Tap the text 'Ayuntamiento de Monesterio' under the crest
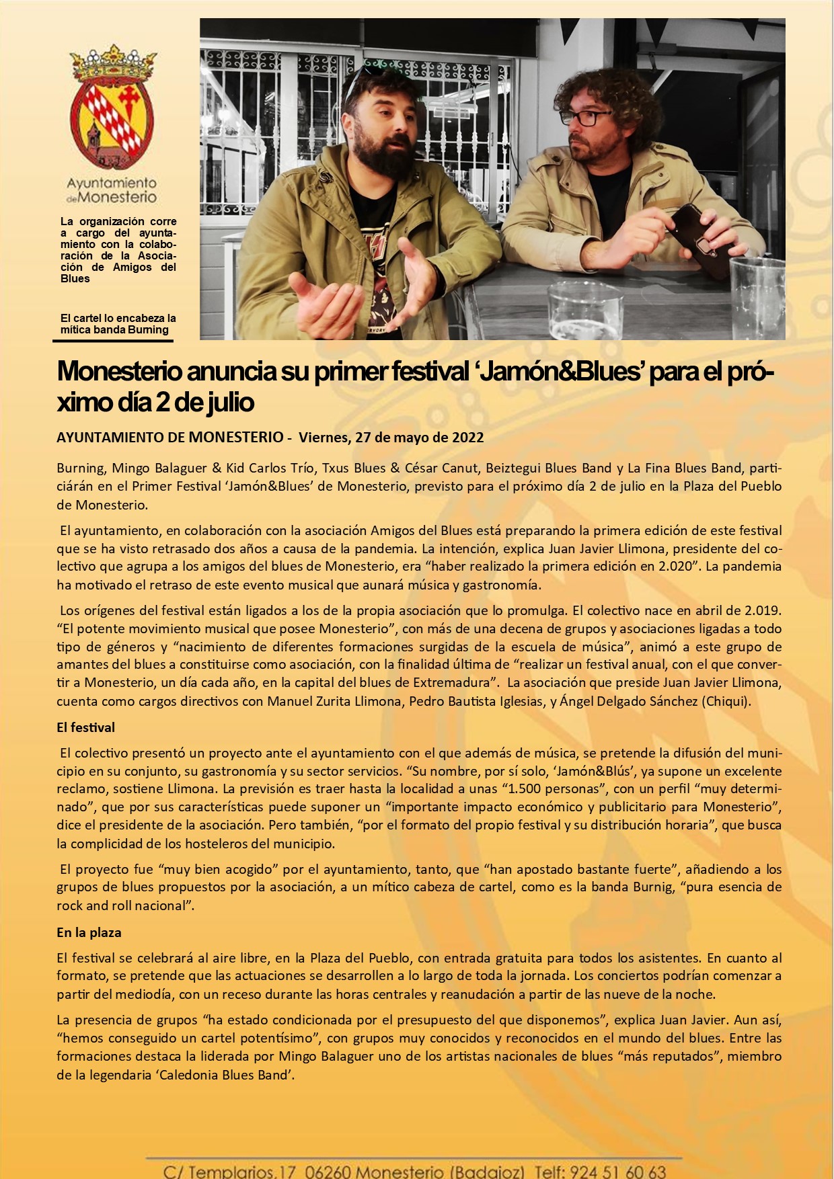pyautogui.click(x=112, y=190)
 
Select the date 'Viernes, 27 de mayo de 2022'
pyautogui.click(x=391, y=438)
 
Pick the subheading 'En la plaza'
pyautogui.click(x=89, y=932)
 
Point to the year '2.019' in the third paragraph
pyautogui.click(x=763, y=611)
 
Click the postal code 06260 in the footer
pyautogui.click(x=327, y=1172)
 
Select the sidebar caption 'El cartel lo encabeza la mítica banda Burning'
pyautogui.click(x=118, y=324)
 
